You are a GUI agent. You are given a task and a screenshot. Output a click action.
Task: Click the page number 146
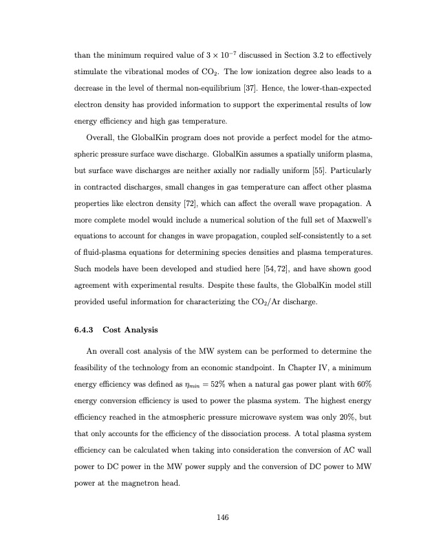220,517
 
